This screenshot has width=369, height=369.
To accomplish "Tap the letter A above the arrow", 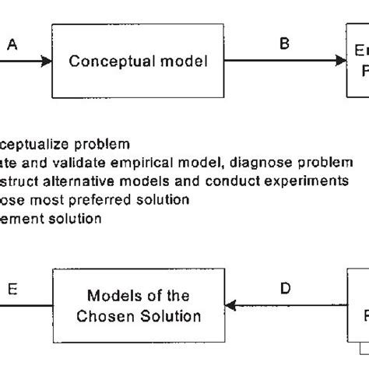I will pos(12,46).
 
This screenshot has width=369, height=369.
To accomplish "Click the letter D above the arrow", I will pos(285,289).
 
